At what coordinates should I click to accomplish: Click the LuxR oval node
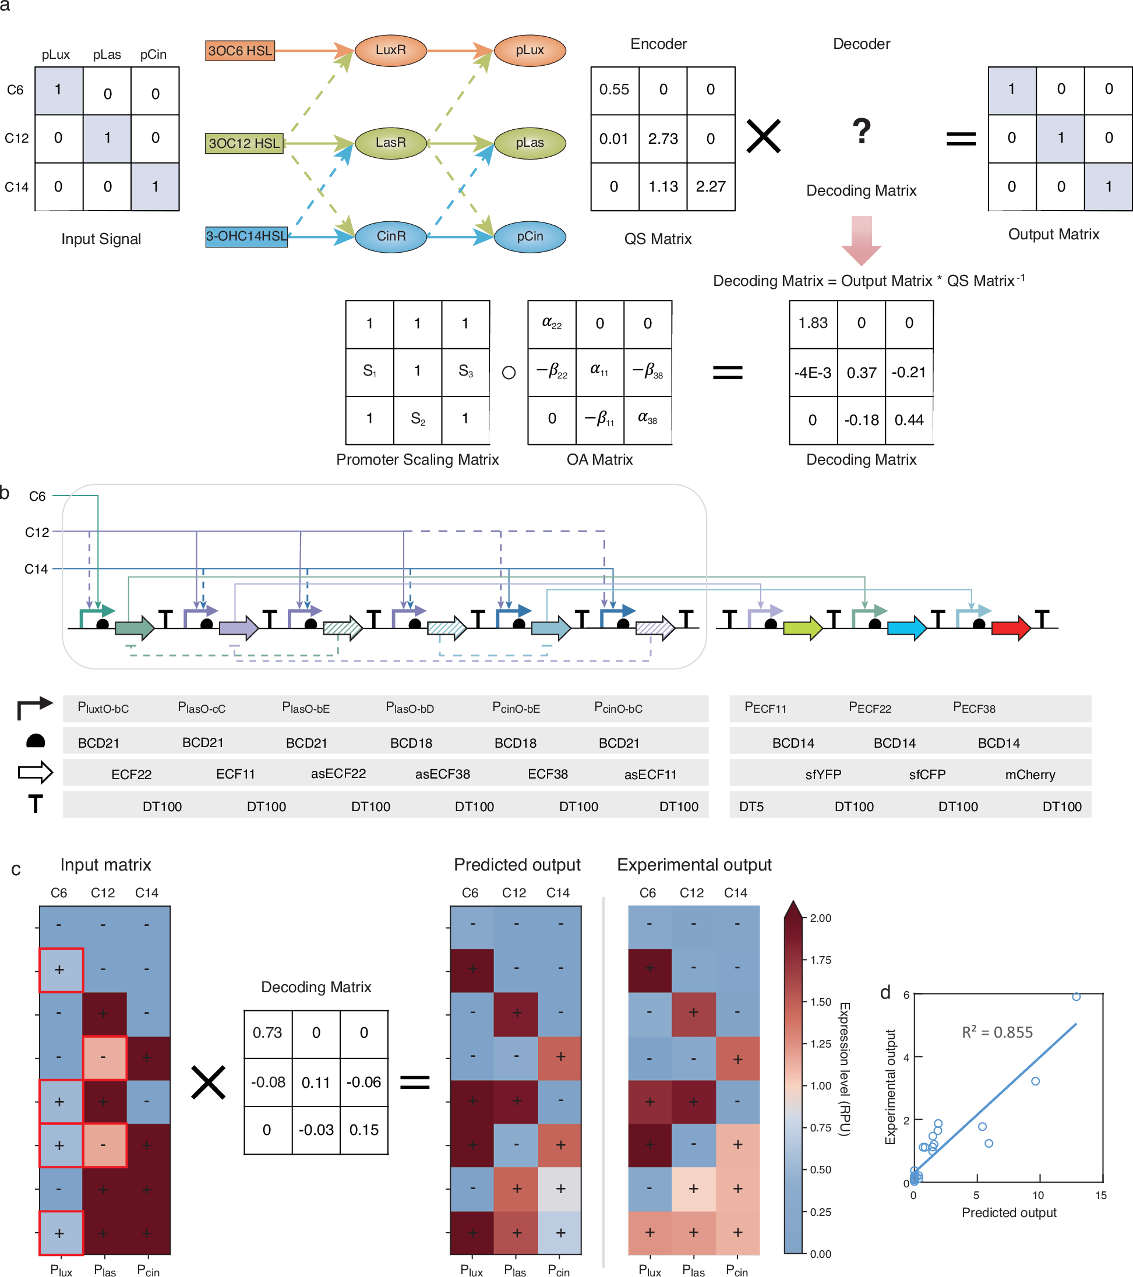(391, 50)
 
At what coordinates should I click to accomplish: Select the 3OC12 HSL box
(243, 143)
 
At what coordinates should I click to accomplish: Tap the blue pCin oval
(530, 237)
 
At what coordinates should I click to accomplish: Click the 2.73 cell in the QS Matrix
(662, 138)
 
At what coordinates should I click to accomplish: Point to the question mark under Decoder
(861, 132)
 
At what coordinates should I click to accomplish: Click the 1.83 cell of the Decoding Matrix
(813, 323)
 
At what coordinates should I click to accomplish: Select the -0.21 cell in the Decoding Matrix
(909, 372)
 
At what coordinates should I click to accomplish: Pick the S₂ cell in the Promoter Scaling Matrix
(418, 419)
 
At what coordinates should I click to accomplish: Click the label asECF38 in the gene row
(443, 774)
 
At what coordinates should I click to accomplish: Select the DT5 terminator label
(751, 806)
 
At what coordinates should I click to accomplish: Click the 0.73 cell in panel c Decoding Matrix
(267, 1032)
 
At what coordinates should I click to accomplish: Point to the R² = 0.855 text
(997, 1032)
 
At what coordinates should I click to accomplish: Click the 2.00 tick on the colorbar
(821, 918)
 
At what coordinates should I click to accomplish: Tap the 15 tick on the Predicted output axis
(1100, 1195)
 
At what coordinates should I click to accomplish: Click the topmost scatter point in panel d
(1076, 996)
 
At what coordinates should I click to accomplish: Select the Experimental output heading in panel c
(694, 865)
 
